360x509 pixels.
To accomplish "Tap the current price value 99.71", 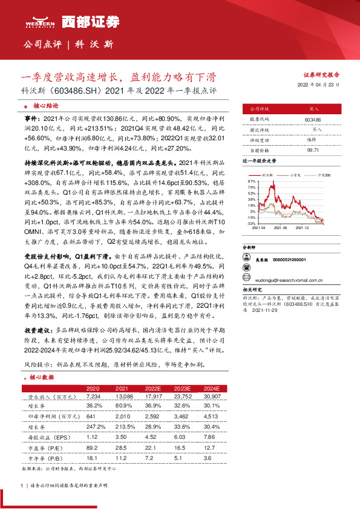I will [313, 148].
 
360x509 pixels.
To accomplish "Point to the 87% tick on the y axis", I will [251, 181].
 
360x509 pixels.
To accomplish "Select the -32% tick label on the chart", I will [250, 223].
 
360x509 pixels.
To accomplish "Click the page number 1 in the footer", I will [22, 485].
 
